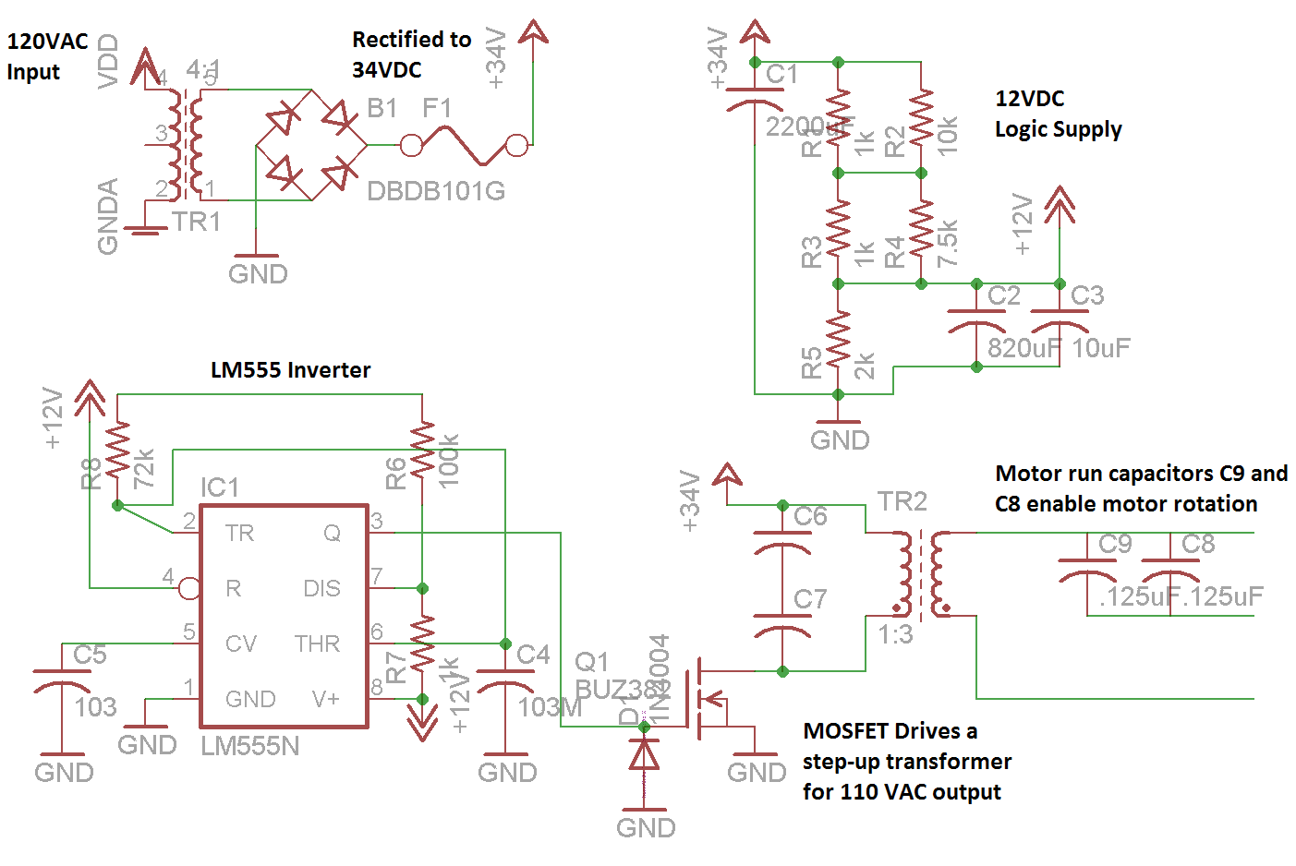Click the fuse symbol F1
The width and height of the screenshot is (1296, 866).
[x=464, y=145]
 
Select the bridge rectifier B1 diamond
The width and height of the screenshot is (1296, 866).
[x=311, y=145]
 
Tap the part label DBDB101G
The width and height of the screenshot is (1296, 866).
[x=436, y=191]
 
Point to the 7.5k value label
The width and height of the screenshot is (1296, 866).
[x=948, y=243]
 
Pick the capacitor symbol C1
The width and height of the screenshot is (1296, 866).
[x=755, y=97]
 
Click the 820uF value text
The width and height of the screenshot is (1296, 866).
[x=1023, y=348]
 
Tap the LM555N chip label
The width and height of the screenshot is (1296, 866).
[x=250, y=746]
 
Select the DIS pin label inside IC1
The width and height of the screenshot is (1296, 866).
[x=321, y=589]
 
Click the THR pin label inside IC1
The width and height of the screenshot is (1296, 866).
[x=317, y=643]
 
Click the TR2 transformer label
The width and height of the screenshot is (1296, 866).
[x=902, y=501]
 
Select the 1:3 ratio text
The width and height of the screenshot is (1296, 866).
[x=895, y=634]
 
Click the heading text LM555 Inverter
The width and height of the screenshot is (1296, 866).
[x=290, y=370]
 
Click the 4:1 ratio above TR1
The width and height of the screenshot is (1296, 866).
[x=202, y=69]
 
